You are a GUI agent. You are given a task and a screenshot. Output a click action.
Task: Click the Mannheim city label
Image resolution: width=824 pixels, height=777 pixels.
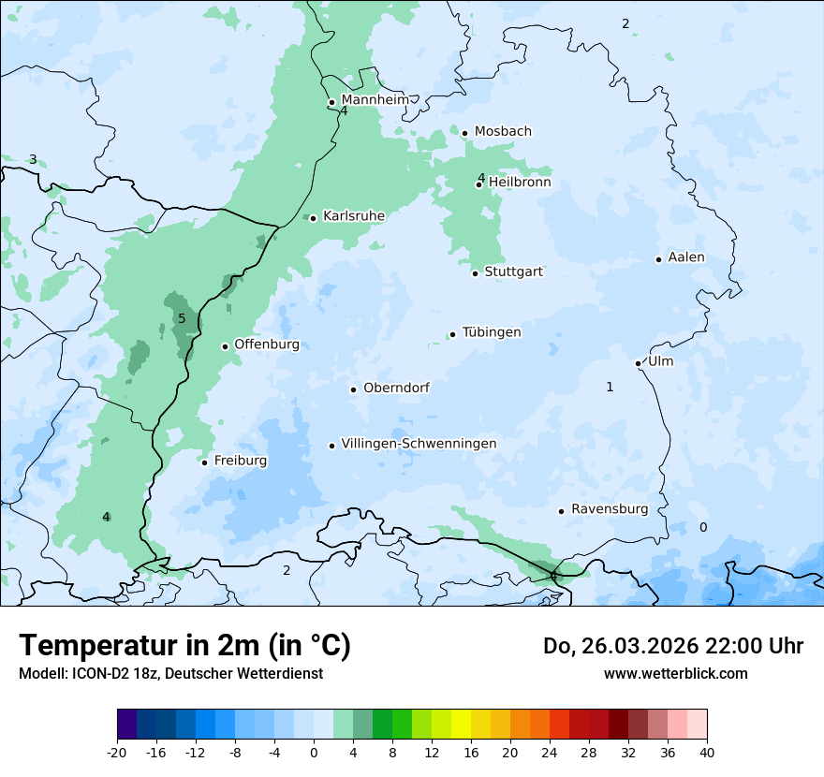(x=375, y=100)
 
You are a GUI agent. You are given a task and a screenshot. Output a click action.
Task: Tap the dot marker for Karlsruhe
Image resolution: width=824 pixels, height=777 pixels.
(x=314, y=218)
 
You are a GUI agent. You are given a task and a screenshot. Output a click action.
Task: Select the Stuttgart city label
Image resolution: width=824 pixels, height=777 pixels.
(x=514, y=271)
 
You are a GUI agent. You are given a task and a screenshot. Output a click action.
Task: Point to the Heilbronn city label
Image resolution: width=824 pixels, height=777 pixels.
(x=520, y=183)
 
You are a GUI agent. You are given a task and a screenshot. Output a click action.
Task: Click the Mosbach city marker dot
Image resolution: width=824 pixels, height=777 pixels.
(x=464, y=133)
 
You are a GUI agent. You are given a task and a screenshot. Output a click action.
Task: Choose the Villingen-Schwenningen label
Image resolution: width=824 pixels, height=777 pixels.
(x=419, y=444)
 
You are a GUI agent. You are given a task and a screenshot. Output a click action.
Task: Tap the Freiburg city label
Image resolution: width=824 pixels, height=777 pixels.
(x=241, y=461)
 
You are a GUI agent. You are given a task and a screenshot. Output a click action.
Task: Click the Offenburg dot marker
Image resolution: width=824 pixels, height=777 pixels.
(x=226, y=346)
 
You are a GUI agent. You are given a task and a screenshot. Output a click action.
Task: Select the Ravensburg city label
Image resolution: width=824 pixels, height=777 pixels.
(x=610, y=509)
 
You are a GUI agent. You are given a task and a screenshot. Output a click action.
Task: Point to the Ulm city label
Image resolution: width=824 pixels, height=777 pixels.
(x=660, y=361)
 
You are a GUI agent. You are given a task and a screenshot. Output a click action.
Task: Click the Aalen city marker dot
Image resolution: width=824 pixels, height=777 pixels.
(x=658, y=259)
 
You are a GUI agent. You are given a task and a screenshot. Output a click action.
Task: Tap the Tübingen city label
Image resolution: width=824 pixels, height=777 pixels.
(x=492, y=332)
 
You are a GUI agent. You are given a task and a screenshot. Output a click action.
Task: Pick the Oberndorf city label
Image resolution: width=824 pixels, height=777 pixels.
(x=396, y=388)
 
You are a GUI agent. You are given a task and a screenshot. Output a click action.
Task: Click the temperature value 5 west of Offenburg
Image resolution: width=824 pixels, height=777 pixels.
(x=182, y=319)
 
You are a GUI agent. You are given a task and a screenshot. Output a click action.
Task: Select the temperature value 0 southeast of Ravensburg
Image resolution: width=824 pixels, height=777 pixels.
(x=703, y=528)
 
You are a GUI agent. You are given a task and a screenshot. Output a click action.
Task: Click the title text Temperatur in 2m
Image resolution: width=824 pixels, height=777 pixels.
(x=184, y=646)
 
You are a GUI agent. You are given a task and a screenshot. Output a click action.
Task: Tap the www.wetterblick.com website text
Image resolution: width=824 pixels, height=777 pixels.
(x=675, y=673)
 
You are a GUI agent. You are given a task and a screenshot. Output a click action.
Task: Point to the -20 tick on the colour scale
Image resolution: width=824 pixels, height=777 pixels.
(x=117, y=752)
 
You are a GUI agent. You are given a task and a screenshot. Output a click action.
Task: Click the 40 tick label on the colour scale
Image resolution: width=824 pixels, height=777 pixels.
(x=707, y=752)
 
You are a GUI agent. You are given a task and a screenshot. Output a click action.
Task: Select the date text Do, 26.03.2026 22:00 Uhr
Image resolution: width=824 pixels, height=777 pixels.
(x=673, y=646)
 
